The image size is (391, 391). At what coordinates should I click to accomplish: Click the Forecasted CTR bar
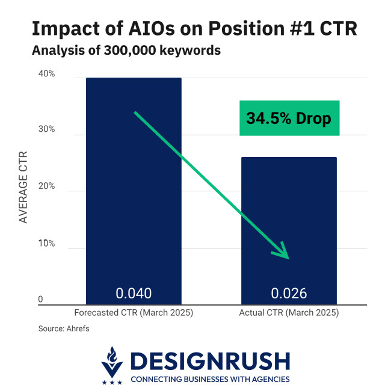[x=134, y=180]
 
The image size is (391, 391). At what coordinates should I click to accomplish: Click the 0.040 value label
[x=134, y=294]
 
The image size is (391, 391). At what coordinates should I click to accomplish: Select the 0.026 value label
[x=289, y=294]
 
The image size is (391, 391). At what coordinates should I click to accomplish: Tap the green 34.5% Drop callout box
[x=289, y=118]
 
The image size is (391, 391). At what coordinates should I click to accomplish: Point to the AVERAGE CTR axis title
[x=23, y=186]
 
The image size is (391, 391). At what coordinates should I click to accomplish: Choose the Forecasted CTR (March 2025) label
[x=134, y=313]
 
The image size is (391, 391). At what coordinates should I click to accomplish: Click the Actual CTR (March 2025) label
[x=289, y=313]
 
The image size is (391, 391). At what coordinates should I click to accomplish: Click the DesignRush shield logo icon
[x=112, y=364]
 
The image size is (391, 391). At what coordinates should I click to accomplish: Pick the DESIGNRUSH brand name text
[x=210, y=361]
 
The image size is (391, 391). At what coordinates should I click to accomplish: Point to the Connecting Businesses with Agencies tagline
[x=210, y=379]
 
